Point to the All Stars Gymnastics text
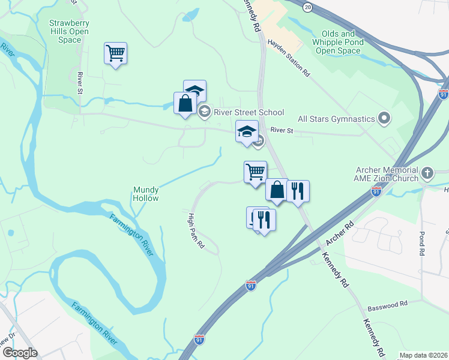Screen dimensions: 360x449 (336, 119)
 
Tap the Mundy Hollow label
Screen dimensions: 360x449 (145, 194)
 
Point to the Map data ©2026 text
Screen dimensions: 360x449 (423, 355)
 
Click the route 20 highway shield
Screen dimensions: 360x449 (308, 7)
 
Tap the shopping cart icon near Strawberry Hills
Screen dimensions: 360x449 (115, 53)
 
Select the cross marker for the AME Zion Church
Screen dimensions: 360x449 (427, 173)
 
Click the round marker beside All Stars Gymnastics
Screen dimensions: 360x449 (385, 119)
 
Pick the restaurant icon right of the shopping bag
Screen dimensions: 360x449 (298, 191)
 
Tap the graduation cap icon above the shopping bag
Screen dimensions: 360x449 (194, 91)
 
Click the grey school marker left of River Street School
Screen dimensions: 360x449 (204, 112)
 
